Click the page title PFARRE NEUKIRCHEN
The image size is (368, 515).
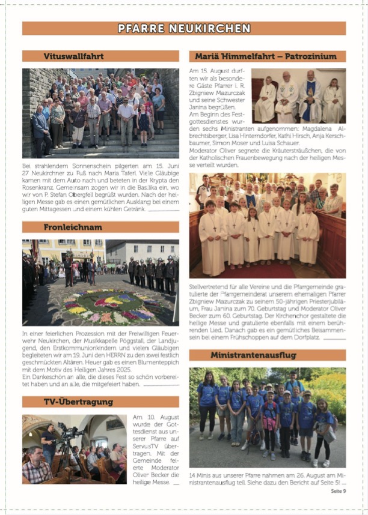(184, 28)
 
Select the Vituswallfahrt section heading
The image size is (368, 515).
(73, 56)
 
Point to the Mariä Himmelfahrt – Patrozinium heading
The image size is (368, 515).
(267, 56)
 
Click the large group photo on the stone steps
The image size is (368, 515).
(100, 113)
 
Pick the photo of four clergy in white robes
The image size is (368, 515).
(298, 96)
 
